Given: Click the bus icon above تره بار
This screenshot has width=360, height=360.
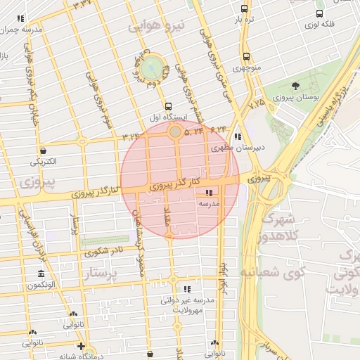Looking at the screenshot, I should pos(244,9).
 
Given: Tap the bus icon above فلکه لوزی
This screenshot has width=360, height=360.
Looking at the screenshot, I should pos(320,13).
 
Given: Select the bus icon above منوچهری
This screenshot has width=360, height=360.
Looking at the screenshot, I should pos(246,56).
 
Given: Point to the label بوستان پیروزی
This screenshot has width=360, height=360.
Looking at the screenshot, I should pos(295,97).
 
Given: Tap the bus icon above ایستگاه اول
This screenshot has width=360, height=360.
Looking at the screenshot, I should pos(168,106).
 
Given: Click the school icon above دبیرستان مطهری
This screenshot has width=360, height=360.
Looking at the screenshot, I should pos(238,137).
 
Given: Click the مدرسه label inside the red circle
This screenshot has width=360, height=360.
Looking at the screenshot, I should pos(209,202).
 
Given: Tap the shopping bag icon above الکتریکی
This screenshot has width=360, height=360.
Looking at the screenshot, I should pos(44,150).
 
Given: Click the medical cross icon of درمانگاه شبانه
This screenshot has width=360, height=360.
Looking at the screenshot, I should pos(82,346).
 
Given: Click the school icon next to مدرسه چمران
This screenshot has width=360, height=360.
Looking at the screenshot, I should pos(20,19).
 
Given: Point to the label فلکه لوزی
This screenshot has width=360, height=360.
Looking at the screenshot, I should pos(320,25).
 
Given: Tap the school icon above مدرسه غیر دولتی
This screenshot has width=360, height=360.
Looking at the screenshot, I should pos(186,288).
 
